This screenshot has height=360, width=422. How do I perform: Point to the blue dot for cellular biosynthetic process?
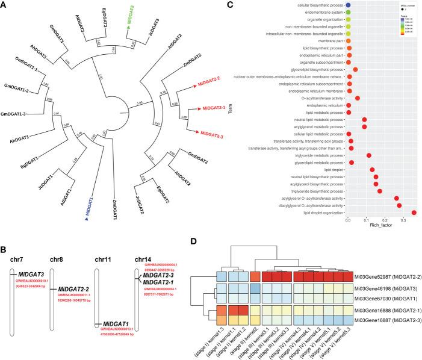[x=349, y=5]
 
